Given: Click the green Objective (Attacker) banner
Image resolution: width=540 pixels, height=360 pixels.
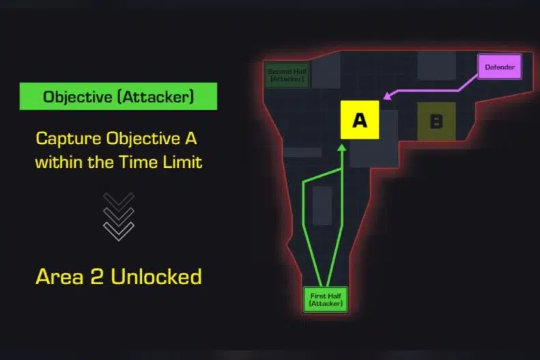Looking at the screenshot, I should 119,96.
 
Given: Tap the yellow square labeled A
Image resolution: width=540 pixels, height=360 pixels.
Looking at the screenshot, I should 359,120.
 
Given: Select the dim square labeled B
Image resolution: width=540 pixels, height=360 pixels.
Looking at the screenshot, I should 436,122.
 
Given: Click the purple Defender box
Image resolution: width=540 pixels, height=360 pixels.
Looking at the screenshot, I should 500,68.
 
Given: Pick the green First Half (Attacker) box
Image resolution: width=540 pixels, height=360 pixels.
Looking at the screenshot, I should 326,299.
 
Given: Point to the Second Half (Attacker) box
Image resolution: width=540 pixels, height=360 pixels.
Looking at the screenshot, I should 287,74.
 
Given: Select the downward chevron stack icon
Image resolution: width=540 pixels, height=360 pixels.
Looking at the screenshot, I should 119,215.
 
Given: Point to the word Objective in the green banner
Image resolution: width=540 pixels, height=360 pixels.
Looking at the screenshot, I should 74,96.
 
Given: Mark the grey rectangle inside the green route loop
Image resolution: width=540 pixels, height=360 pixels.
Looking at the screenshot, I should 322,205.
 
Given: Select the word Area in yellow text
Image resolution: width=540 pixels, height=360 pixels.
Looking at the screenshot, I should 57,277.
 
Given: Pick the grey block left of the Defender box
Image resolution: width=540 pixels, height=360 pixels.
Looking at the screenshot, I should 436,65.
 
